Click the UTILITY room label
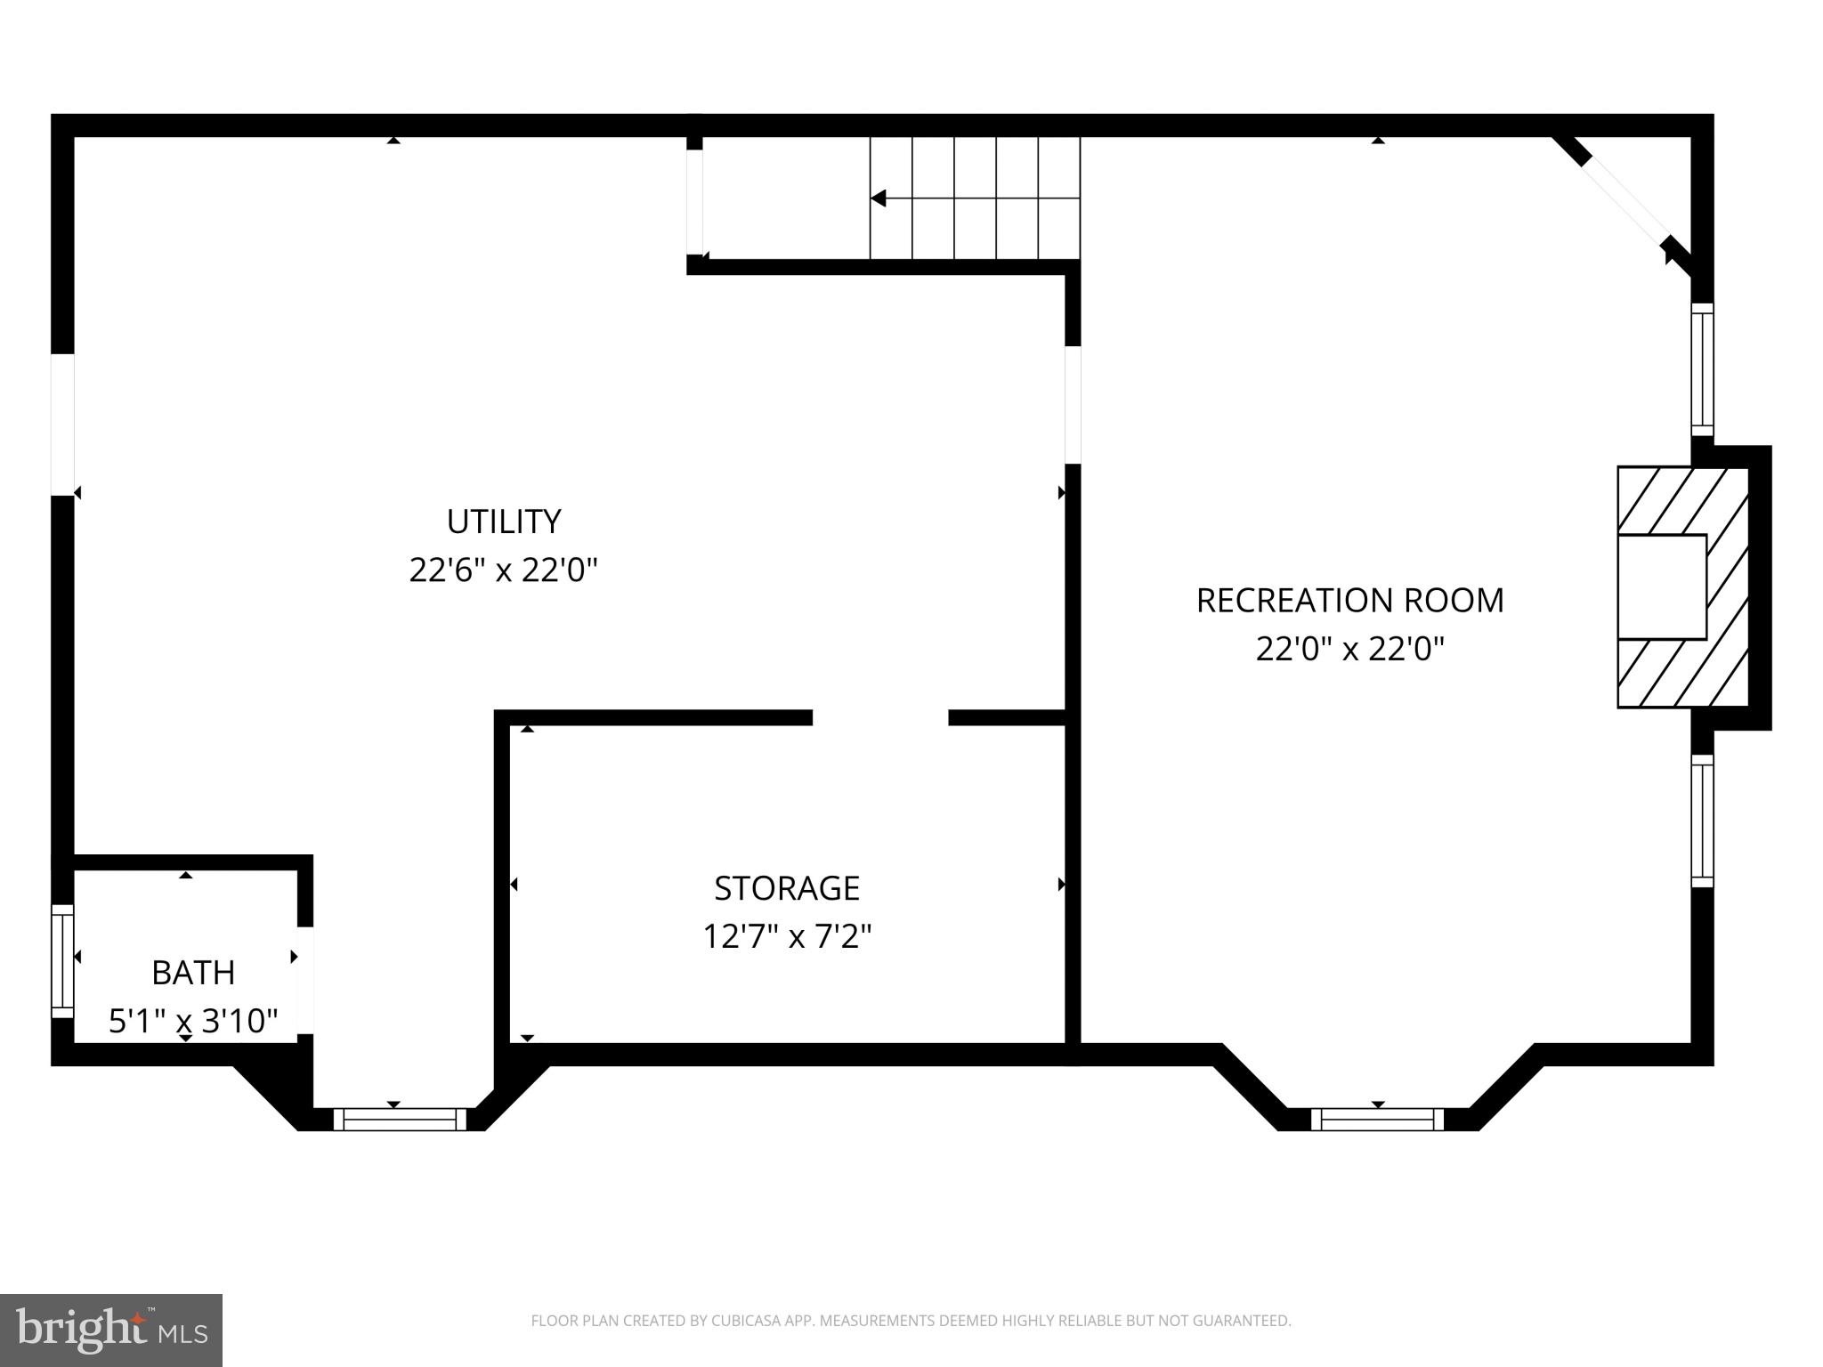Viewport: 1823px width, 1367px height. click(503, 522)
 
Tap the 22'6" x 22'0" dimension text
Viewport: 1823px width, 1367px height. click(503, 570)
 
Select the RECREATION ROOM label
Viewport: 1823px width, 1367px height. click(1349, 601)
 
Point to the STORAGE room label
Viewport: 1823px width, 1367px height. click(787, 888)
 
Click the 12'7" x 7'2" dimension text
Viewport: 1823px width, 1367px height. click(787, 936)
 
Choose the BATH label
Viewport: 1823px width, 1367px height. click(193, 973)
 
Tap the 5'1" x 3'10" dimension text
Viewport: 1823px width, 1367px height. click(193, 1021)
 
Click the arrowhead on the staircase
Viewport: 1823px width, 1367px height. click(879, 198)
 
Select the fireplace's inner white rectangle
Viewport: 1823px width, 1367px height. click(1661, 587)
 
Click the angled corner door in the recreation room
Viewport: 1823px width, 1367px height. click(1624, 204)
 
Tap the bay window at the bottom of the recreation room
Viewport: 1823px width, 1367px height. click(1377, 1119)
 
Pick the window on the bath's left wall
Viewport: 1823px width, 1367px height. click(62, 961)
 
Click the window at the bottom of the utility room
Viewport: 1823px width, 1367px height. click(400, 1119)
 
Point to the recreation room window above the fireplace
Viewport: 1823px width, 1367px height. click(1702, 368)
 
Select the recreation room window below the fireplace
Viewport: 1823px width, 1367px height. click(1702, 821)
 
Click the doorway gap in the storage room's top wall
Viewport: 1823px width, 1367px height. click(880, 717)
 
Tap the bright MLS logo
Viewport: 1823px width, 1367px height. click(111, 1331)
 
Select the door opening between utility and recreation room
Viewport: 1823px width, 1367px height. click(1073, 405)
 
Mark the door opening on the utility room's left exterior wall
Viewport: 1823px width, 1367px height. click(62, 424)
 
